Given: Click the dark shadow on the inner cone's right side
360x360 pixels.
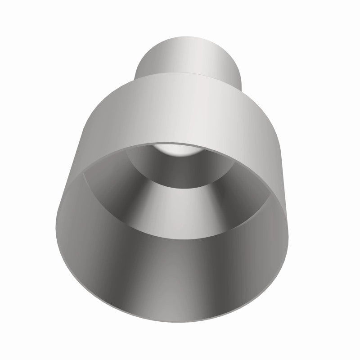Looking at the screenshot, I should (x=243, y=198).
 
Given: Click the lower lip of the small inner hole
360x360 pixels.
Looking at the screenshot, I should (x=180, y=186).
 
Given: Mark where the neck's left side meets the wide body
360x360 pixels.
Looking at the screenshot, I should (x=136, y=77).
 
